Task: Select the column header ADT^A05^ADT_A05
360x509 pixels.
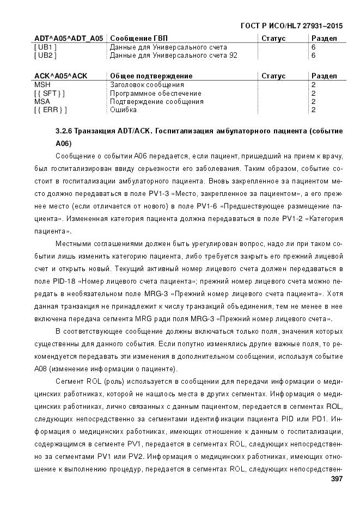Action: coord(69,38)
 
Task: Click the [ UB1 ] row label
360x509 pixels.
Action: coord(45,47)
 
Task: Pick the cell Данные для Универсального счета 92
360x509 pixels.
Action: coord(174,55)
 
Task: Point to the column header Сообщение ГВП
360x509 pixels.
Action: coord(139,38)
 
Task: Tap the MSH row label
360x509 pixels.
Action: coord(41,85)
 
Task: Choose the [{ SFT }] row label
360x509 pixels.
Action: coord(49,93)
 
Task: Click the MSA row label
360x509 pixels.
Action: coord(41,101)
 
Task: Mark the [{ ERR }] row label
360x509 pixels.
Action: coord(50,109)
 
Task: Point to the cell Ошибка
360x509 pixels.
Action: coord(123,109)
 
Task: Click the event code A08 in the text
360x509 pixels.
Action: coord(64,369)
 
